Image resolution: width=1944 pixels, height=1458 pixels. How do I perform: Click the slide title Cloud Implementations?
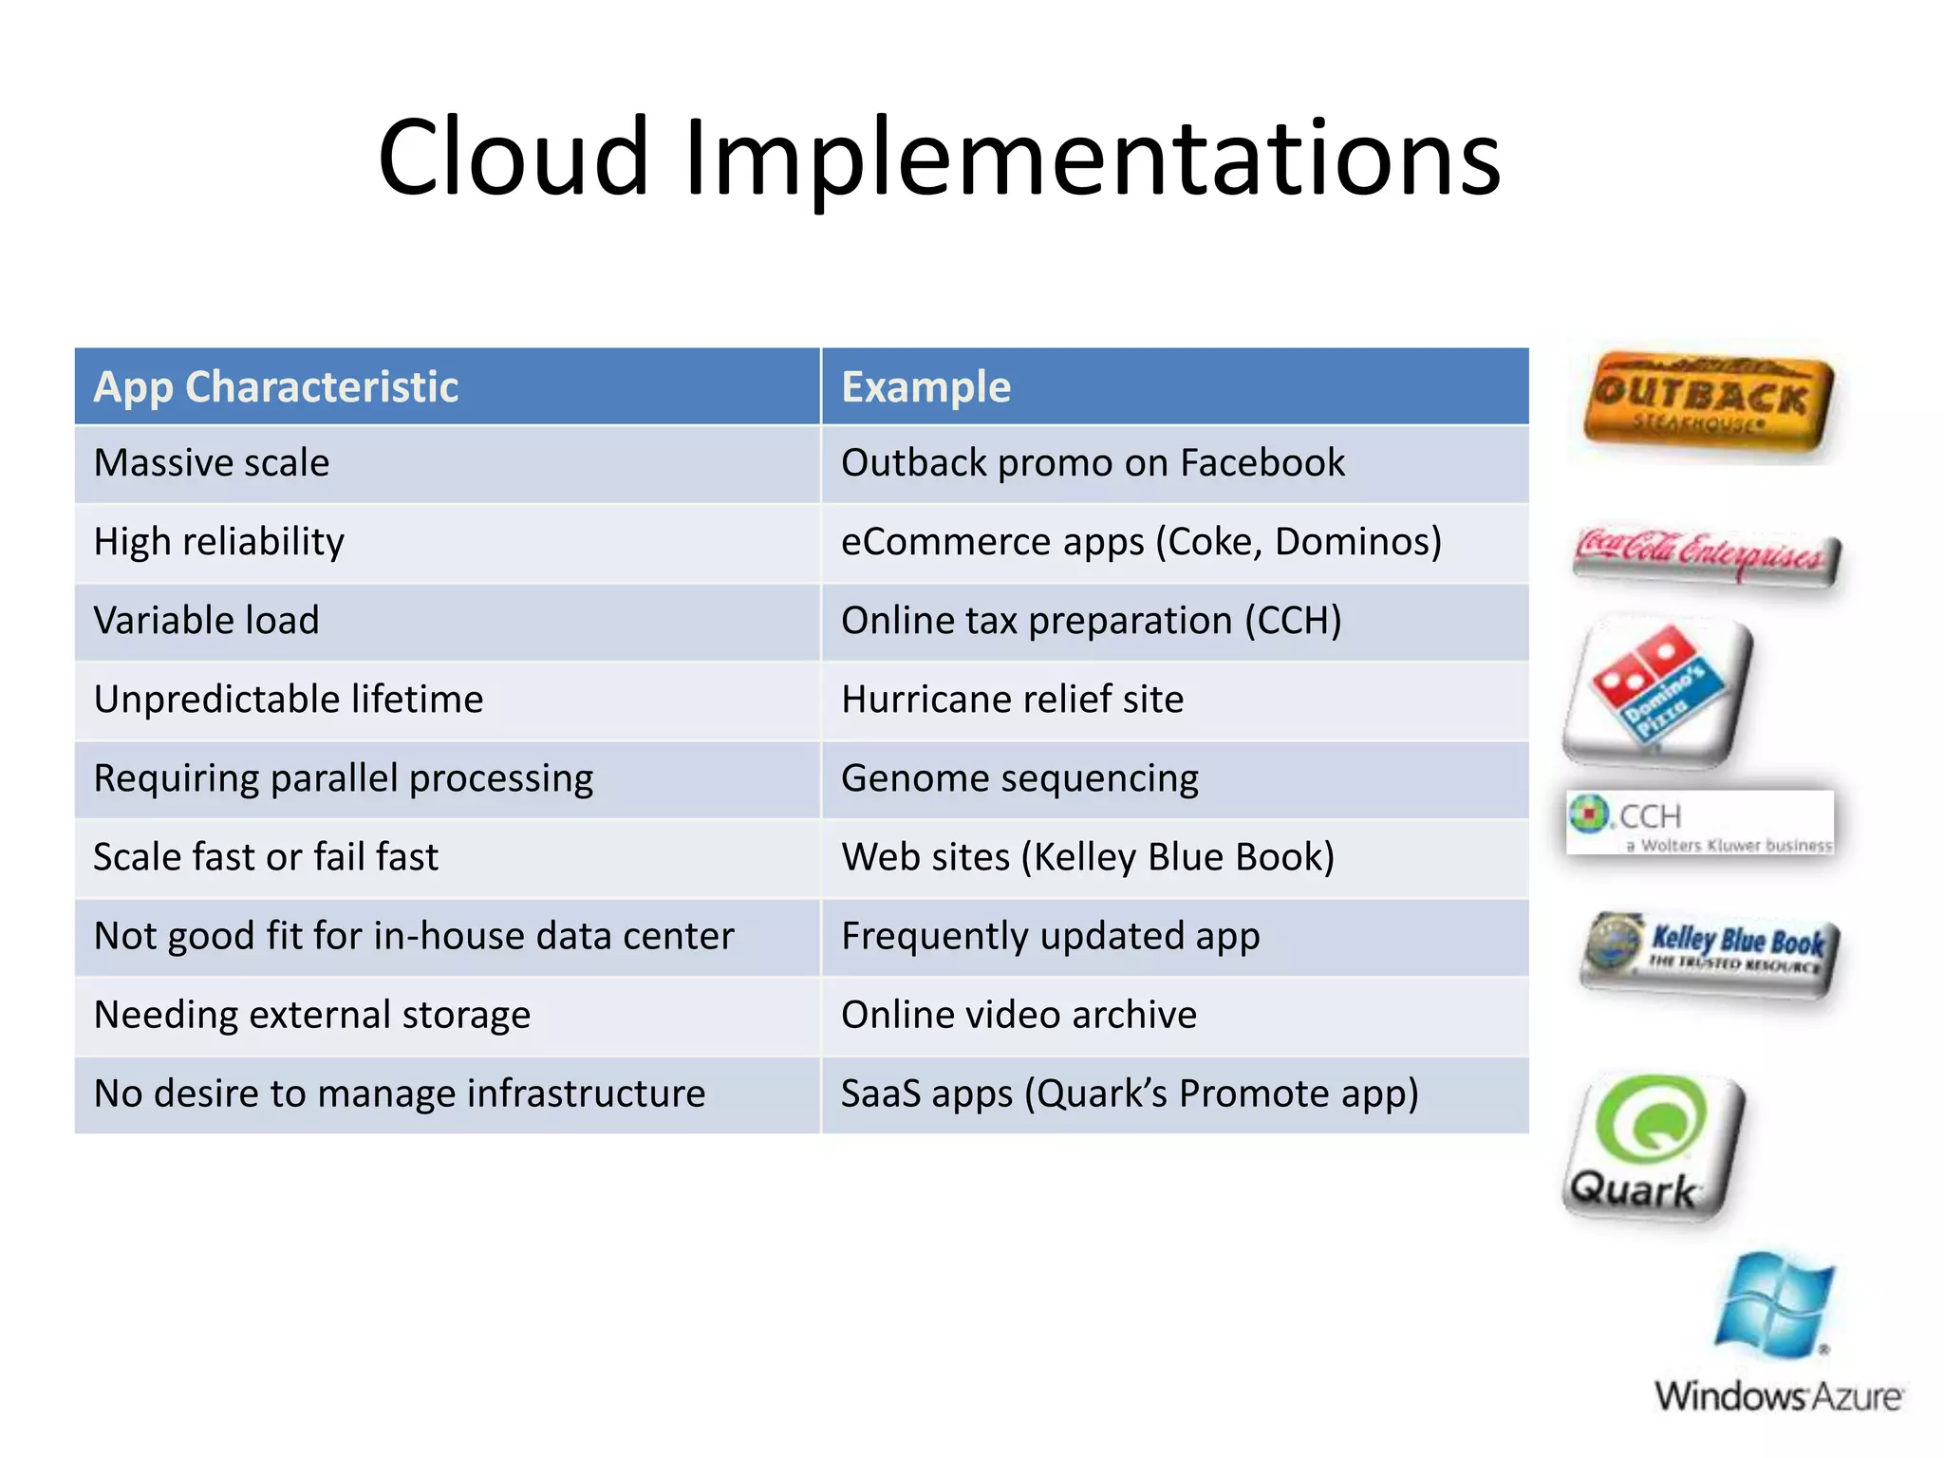939,157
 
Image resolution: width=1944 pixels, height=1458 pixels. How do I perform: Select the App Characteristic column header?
276,387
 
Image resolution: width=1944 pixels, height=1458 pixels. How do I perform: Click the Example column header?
926,387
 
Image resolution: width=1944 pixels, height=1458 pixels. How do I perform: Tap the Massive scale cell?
212,463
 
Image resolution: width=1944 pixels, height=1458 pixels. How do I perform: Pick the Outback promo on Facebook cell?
1093,463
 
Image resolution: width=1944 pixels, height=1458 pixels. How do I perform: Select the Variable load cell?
207,621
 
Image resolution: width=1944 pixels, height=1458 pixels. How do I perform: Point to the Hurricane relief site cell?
1012,700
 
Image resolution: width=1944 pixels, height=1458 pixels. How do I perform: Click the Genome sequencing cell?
1019,778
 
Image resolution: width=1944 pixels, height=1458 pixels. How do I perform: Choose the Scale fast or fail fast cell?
266,857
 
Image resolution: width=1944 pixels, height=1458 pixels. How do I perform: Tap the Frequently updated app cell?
1050,936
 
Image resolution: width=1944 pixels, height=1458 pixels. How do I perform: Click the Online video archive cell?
1019,1015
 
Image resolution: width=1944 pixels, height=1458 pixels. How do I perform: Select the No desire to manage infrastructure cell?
400,1093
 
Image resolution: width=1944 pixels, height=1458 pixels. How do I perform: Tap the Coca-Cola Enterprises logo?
1706,555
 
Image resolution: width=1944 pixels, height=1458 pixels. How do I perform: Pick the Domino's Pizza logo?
1656,690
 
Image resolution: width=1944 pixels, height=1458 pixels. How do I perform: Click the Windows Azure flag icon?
1773,1305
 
